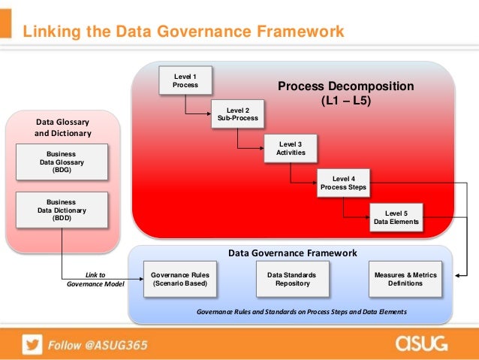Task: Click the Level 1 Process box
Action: tap(185, 80)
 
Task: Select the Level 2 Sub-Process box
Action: tap(237, 113)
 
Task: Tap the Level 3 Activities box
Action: tap(290, 148)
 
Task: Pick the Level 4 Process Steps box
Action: tap(343, 183)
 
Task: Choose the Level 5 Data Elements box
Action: tap(396, 217)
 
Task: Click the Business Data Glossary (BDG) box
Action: tap(61, 162)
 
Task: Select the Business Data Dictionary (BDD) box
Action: tap(61, 210)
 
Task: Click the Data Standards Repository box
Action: tap(291, 279)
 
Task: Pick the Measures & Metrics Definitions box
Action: tap(405, 279)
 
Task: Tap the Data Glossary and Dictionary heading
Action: tap(63, 127)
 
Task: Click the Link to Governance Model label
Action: tap(95, 279)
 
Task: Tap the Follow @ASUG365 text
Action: tap(98, 345)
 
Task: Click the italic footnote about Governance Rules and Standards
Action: tap(300, 311)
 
